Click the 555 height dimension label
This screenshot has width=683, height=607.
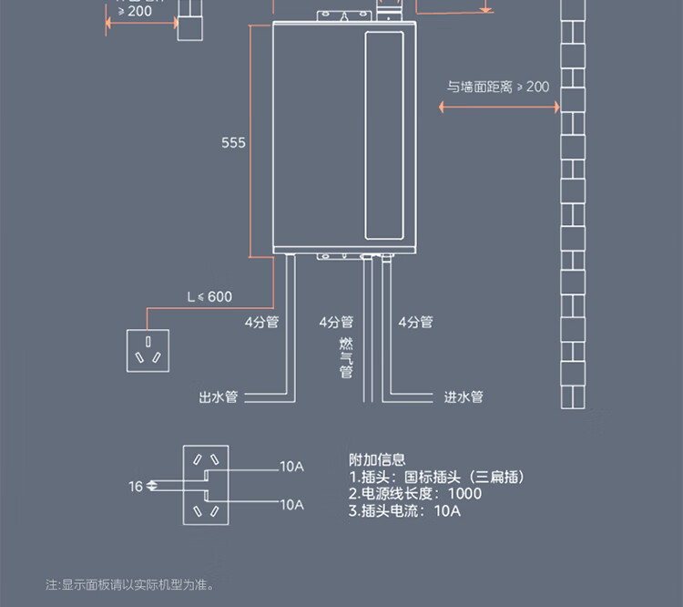click(233, 143)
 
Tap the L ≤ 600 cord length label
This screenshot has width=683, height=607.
click(209, 296)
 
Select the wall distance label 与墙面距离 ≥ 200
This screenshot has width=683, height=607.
click(498, 87)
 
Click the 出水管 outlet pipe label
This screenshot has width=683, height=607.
click(218, 397)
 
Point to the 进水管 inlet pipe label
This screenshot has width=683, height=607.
click(464, 397)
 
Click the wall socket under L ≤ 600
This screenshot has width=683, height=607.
click(147, 351)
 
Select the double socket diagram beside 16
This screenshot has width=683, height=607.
click(205, 486)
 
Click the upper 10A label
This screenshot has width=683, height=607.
click(291, 467)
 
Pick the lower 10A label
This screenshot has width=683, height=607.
click(291, 504)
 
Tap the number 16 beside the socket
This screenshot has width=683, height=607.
click(136, 487)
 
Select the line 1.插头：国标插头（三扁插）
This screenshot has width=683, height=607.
click(436, 478)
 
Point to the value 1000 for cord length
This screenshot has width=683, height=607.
click(464, 494)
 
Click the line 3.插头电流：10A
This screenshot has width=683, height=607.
click(404, 511)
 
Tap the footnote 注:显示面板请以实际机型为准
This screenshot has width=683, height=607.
click(129, 584)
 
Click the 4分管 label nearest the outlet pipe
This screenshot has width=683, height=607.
click(260, 322)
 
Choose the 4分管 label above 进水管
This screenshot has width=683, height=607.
click(415, 322)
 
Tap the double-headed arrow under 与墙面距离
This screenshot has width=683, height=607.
click(498, 107)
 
